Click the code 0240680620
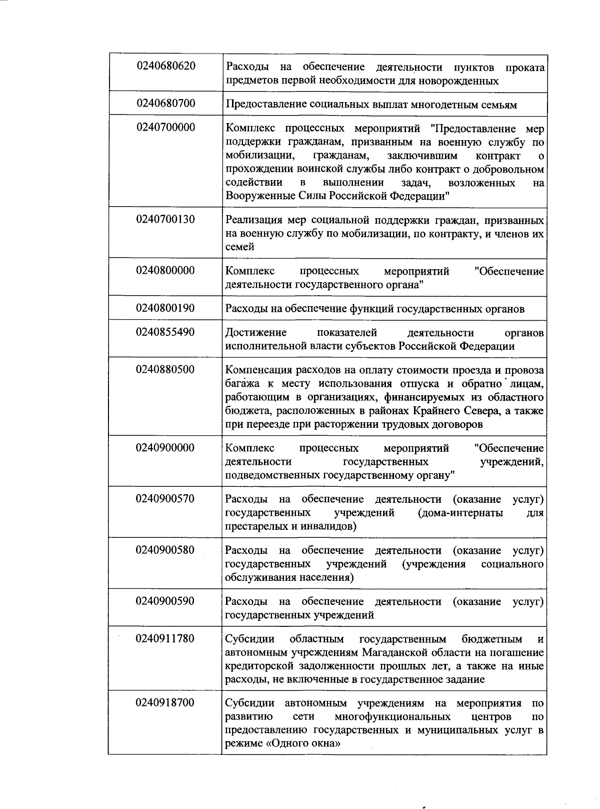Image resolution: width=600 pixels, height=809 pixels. tap(165, 66)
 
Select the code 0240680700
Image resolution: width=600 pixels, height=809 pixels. tap(165, 104)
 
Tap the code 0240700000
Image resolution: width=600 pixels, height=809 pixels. tap(165, 128)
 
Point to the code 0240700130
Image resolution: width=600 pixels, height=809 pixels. tap(165, 219)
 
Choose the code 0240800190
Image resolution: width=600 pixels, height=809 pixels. tap(165, 308)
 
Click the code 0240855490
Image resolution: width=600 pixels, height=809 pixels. tap(165, 332)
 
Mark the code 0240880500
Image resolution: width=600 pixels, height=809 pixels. tap(165, 370)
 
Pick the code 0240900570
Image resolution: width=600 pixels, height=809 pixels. tap(165, 499)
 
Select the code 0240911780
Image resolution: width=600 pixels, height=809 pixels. tap(165, 639)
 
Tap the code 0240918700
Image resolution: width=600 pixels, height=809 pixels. tap(165, 703)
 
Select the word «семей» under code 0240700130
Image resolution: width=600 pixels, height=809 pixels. tap(240, 247)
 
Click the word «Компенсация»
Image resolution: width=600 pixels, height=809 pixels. tap(257, 370)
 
